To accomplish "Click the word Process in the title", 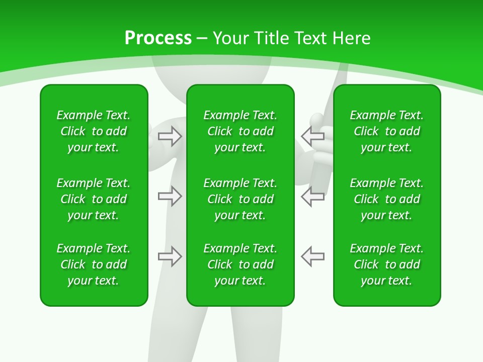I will click(158, 38).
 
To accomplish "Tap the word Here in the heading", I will click(351, 38).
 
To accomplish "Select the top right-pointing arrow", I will click(170, 136).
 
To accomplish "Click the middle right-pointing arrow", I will click(170, 197).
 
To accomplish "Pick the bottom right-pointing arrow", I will click(170, 256).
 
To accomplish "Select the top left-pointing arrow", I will click(312, 136).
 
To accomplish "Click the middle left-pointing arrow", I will click(312, 197).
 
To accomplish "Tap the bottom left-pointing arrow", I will click(312, 256).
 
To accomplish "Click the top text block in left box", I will click(94, 131).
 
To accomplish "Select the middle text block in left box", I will click(94, 199).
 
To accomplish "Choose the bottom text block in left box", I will click(94, 264).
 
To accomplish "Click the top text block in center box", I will click(240, 131).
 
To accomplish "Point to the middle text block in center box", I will click(240, 199).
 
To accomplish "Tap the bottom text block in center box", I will click(240, 264).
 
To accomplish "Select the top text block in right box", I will click(386, 131).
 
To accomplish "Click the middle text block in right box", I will click(386, 199).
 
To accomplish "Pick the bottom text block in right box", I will click(386, 264).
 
